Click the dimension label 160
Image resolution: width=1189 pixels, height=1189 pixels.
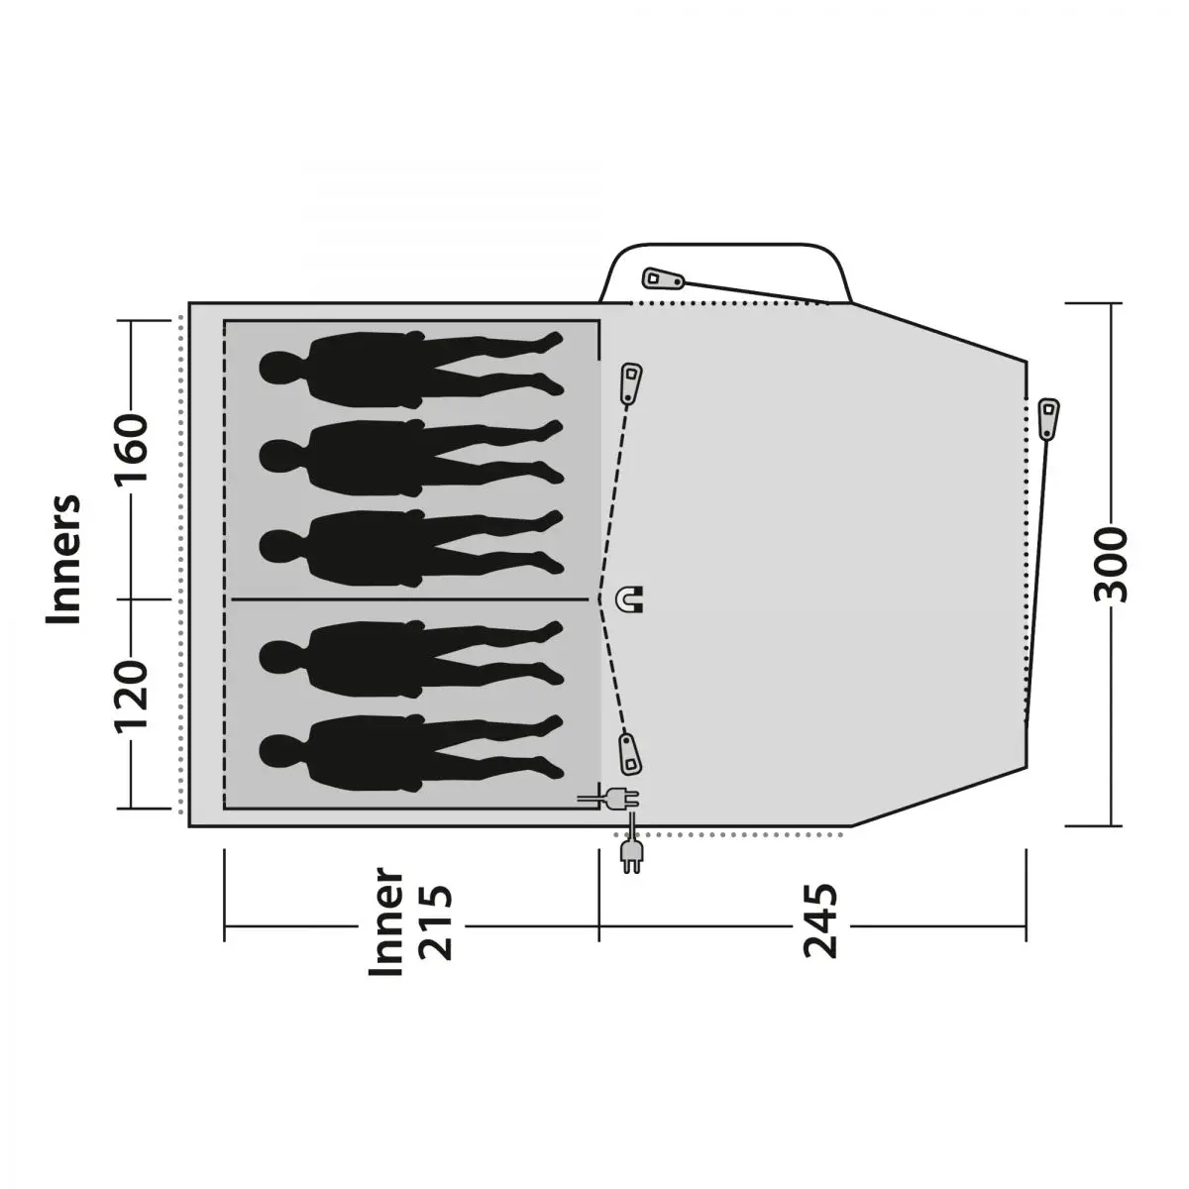point(132,449)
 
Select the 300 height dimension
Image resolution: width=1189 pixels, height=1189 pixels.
point(1111,565)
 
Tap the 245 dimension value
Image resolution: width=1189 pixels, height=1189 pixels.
point(820,920)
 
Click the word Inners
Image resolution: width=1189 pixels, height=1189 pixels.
point(63,559)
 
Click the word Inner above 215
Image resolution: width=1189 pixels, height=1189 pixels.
point(385,921)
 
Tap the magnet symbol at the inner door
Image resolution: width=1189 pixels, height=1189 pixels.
point(630,599)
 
